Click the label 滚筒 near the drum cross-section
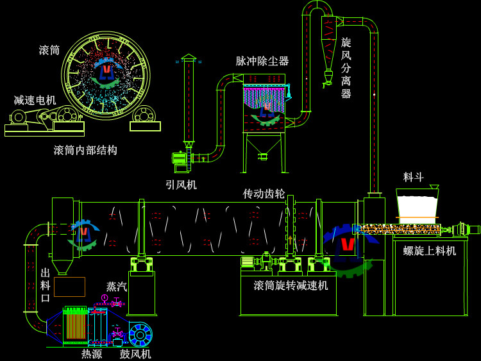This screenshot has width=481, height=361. point(49,50)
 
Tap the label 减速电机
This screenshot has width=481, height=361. point(35,100)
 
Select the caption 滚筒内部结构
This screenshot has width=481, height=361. point(85,150)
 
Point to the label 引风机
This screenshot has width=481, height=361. point(181,185)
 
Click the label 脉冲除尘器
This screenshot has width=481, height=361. point(262,61)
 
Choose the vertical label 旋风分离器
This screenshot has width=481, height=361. point(346,68)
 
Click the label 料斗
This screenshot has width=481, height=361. point(414,177)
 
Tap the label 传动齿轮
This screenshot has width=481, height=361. point(264,193)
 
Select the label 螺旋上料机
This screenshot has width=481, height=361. point(430,251)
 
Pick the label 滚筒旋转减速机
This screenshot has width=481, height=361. point(291,285)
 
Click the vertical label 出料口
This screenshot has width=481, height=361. point(46,285)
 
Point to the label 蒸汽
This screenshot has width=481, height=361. point(117,287)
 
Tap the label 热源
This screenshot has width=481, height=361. point(92,353)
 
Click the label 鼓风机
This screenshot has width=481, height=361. point(135,353)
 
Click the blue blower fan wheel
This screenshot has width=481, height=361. point(140,335)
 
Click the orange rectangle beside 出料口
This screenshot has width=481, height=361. point(69,287)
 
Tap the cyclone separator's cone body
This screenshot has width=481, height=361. point(328,54)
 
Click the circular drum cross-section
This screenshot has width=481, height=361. point(106,76)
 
